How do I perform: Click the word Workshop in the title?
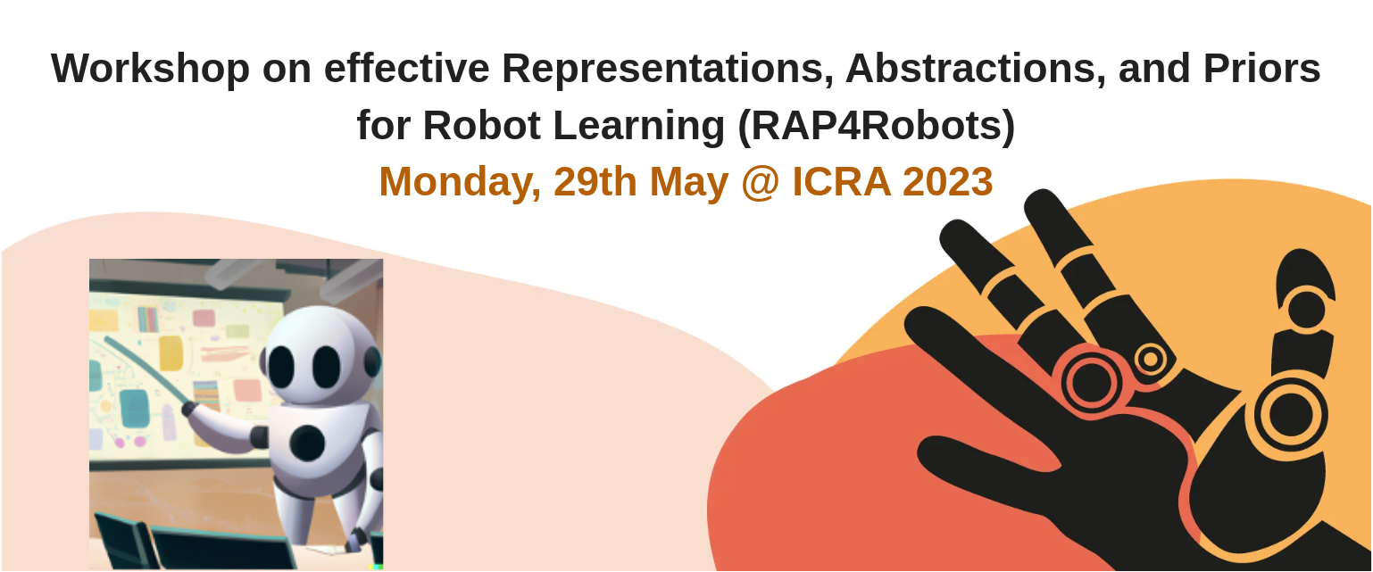point(150,69)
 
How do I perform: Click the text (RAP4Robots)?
point(877,126)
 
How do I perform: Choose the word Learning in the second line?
point(639,126)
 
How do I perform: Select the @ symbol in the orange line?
point(760,183)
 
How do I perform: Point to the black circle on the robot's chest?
point(307,443)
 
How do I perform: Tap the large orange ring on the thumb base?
point(1291,415)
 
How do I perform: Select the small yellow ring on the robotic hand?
point(1151,359)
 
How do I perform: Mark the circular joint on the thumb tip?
point(1306,310)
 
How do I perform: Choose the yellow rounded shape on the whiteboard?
point(171,353)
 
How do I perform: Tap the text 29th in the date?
point(595,182)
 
